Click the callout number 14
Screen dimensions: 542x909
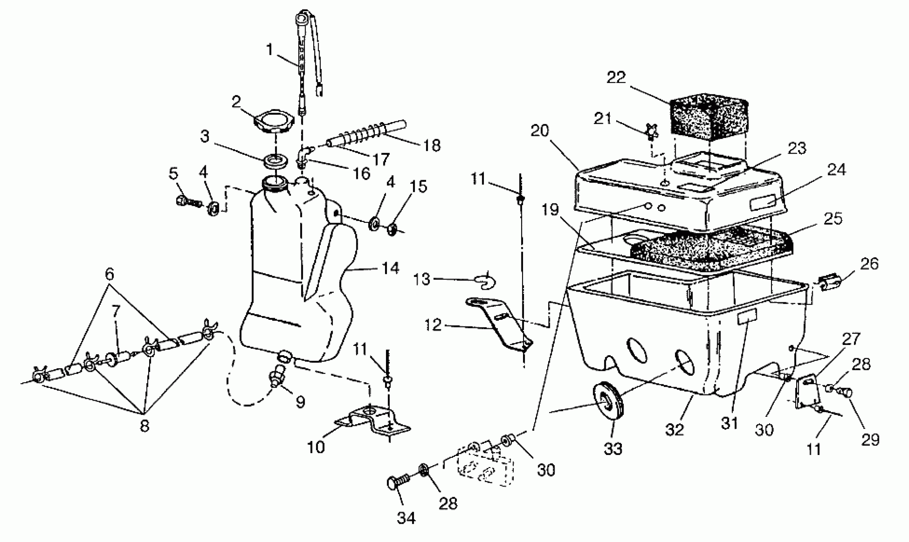tap(390, 268)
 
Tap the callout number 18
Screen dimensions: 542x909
tap(432, 145)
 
